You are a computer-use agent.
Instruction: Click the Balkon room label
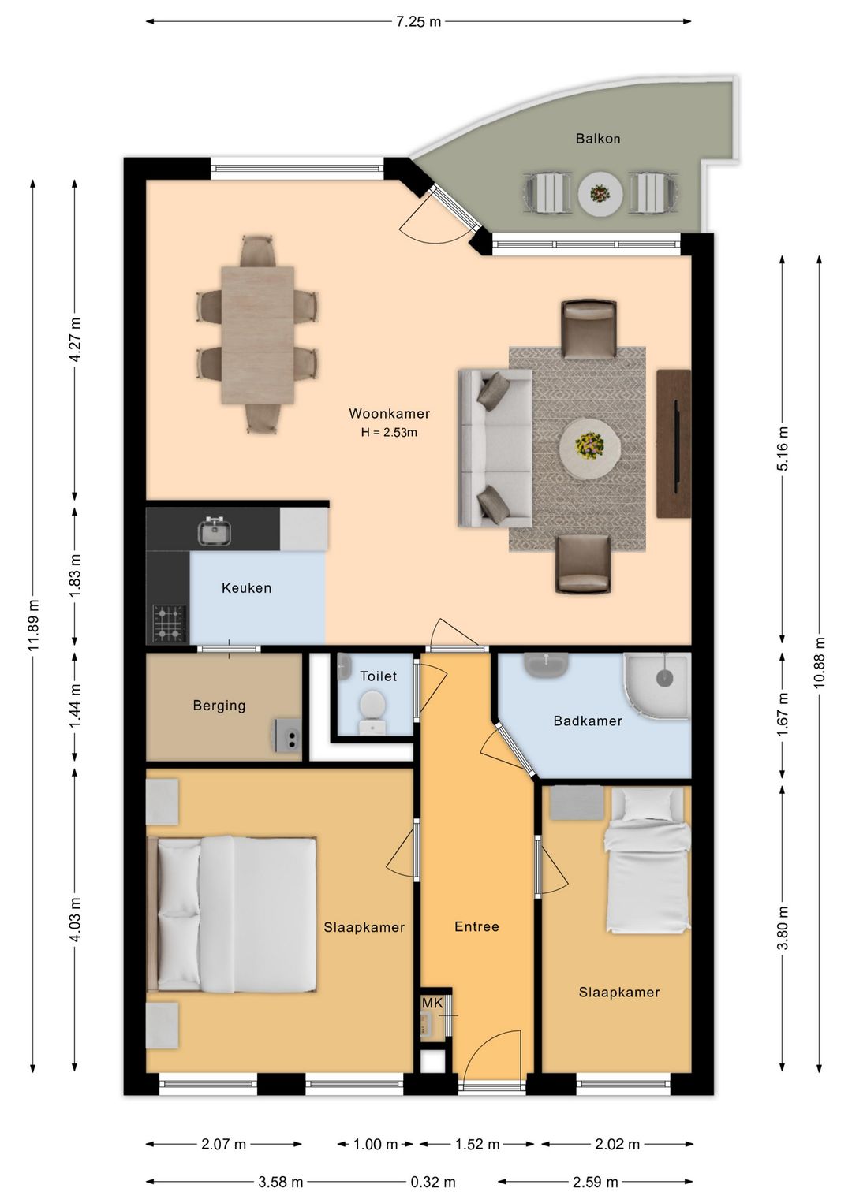click(x=598, y=139)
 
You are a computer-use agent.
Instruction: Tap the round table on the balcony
click(x=600, y=194)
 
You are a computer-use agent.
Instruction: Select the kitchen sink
click(x=215, y=531)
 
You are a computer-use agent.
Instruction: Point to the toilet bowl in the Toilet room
click(x=372, y=712)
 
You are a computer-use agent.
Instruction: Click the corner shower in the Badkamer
click(x=656, y=686)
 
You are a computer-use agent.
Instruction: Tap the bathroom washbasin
click(x=546, y=665)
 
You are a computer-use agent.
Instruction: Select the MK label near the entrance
click(x=432, y=1003)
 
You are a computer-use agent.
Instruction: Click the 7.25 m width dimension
click(x=419, y=22)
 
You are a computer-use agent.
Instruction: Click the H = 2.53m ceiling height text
click(x=389, y=432)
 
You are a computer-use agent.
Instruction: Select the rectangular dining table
click(x=258, y=335)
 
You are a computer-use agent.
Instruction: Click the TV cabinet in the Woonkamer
click(x=674, y=444)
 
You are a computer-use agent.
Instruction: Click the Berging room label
click(x=219, y=705)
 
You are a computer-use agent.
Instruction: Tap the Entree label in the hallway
click(x=476, y=926)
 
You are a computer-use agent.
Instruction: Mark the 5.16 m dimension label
click(x=783, y=449)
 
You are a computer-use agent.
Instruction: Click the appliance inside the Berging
click(x=288, y=736)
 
